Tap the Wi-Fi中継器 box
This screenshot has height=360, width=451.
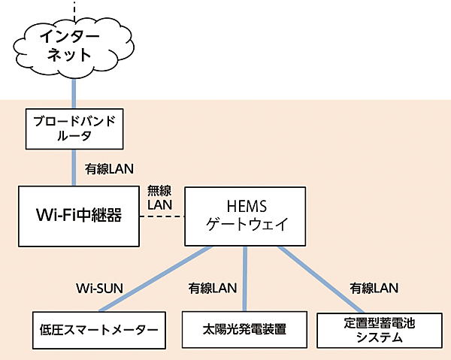click(x=79, y=216)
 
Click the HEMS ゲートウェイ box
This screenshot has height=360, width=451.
click(x=246, y=216)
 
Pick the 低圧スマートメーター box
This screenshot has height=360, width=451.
click(x=98, y=329)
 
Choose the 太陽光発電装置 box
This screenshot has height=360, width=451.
click(x=244, y=329)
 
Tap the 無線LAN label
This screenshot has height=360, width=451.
click(x=159, y=198)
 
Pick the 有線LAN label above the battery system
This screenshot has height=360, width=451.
click(x=374, y=287)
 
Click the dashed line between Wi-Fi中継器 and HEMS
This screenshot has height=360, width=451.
click(x=162, y=216)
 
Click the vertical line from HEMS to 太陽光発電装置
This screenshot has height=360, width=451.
click(x=245, y=278)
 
